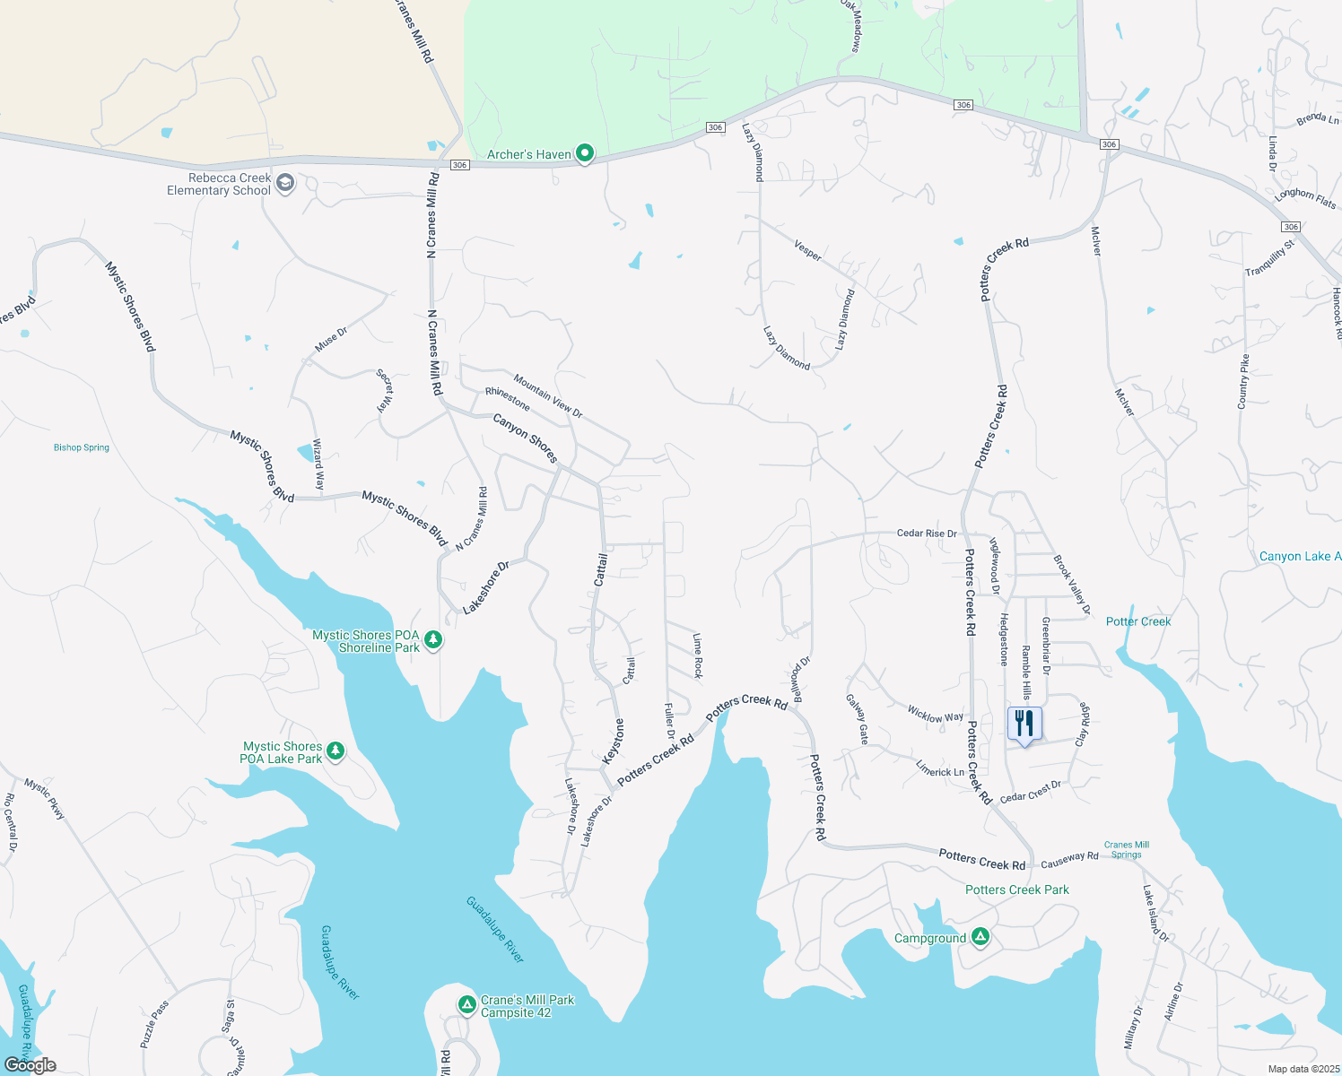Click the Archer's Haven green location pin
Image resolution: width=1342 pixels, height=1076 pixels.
[585, 154]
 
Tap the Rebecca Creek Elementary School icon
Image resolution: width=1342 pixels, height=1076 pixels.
[285, 184]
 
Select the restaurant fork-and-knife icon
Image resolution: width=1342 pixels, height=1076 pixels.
[1024, 724]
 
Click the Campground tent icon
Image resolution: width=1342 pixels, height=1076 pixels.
[980, 937]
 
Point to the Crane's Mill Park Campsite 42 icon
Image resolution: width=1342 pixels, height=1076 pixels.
[466, 1005]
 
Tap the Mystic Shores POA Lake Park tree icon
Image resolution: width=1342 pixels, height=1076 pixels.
[335, 751]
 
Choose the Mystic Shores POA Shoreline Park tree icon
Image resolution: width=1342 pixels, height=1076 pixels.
[433, 640]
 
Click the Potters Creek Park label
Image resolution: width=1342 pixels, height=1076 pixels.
[1017, 889]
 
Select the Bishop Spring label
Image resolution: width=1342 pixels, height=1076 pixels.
[82, 447]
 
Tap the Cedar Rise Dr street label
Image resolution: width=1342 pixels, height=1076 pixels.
[927, 534]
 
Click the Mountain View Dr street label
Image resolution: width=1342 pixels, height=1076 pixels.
[548, 396]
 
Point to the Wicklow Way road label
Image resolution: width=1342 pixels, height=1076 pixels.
[935, 715]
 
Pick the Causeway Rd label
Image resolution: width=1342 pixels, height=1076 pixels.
[1069, 860]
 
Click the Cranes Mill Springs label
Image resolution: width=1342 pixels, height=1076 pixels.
[1127, 849]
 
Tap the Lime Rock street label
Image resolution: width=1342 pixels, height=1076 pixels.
[698, 655]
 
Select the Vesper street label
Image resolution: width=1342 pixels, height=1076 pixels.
[807, 250]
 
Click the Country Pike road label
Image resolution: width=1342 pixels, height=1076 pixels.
[1243, 382]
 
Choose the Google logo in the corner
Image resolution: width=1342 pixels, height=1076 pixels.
[30, 1065]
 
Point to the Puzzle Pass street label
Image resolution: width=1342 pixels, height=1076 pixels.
[154, 1025]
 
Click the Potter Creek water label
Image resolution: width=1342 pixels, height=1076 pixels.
[1138, 621]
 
